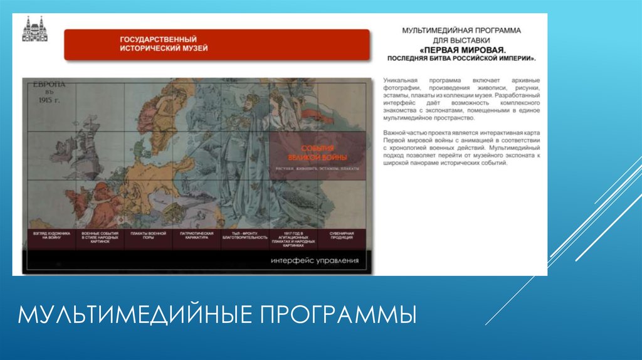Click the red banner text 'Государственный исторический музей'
tap(164, 44)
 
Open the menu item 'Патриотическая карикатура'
tap(196, 236)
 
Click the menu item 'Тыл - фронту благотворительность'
tap(245, 236)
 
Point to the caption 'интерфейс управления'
tap(315, 260)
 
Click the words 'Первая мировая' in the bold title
tap(463, 48)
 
